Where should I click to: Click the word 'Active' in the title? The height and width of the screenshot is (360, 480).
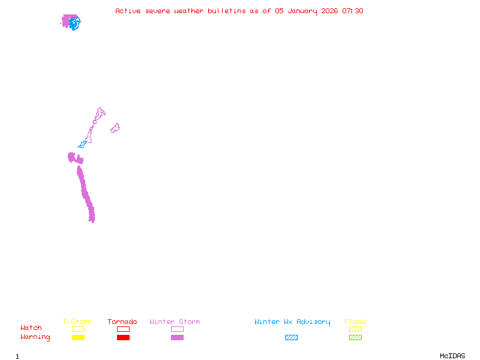click(128, 11)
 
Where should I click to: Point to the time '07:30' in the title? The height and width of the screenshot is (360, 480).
click(353, 11)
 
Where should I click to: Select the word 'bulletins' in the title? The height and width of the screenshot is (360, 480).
click(226, 11)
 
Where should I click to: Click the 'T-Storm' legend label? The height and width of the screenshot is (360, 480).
click(77, 322)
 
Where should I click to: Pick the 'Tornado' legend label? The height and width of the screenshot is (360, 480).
click(122, 322)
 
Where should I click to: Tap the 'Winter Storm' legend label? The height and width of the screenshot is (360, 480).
click(175, 322)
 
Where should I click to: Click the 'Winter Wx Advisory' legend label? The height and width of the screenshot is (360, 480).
click(292, 322)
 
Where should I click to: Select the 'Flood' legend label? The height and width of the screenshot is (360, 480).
click(355, 322)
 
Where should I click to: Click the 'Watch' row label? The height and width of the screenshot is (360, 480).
click(31, 328)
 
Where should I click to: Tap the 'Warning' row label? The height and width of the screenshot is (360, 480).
click(35, 337)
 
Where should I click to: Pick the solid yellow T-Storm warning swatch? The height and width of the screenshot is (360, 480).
click(78, 338)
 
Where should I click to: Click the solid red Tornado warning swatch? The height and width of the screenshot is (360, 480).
click(123, 338)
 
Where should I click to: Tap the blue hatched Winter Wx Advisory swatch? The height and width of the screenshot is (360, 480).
click(291, 338)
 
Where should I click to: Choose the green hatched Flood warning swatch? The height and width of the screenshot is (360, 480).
click(355, 338)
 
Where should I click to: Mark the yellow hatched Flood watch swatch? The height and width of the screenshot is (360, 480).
click(355, 329)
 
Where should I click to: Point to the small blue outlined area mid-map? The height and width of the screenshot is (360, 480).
click(82, 144)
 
